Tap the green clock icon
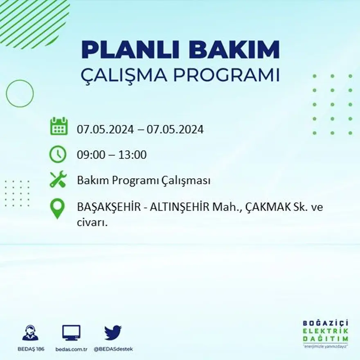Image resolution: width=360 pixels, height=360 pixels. pos(58,154)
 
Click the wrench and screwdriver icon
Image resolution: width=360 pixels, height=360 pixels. pos(58,180)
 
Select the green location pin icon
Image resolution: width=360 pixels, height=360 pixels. pos(57,208)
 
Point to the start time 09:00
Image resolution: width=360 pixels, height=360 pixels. pos(90,155)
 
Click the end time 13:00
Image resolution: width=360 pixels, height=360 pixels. pos(133,155)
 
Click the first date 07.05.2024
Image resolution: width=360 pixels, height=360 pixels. pos(105,130)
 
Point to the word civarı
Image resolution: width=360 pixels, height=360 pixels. pos(92,223)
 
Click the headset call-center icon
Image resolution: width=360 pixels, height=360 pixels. pos(30,333)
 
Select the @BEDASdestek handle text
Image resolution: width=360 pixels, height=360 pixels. pos(113,349)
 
